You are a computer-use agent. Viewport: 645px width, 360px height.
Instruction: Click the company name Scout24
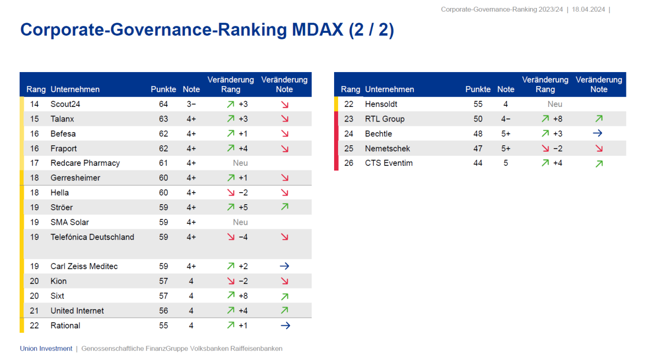coord(65,104)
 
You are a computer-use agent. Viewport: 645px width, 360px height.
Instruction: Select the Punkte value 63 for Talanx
coord(163,119)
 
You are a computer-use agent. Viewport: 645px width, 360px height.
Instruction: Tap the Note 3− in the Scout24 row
coord(191,104)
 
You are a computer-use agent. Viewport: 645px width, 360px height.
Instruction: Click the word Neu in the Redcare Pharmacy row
coord(240,163)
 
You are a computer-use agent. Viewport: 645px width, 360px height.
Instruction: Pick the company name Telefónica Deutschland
coord(92,237)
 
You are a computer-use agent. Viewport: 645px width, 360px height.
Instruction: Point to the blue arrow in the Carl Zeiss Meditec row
coord(285,266)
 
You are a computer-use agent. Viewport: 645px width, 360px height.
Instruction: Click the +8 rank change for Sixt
coord(243,296)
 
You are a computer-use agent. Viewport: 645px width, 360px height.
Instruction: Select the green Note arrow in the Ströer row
coord(285,207)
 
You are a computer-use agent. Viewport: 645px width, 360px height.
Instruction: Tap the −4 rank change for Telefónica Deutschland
coord(243,237)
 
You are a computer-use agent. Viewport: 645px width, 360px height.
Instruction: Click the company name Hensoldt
coord(381,104)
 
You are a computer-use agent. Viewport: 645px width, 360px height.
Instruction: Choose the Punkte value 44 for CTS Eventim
coord(478,163)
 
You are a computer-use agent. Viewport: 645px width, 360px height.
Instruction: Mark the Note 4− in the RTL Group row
coord(505,119)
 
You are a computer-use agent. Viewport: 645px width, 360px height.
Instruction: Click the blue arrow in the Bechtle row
coord(598,134)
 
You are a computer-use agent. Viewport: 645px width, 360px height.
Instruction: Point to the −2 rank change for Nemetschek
coord(557,149)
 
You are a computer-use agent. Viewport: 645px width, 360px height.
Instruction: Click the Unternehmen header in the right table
coord(390,89)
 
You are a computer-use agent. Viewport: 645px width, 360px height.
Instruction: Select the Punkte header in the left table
coord(163,89)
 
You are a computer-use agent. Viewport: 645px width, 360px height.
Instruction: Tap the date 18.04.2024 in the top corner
coord(588,10)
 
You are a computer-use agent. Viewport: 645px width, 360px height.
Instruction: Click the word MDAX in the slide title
coord(317,30)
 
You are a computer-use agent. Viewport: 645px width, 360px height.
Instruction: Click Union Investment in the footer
coord(46,348)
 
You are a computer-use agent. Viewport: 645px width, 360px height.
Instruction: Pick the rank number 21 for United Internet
coord(34,311)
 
